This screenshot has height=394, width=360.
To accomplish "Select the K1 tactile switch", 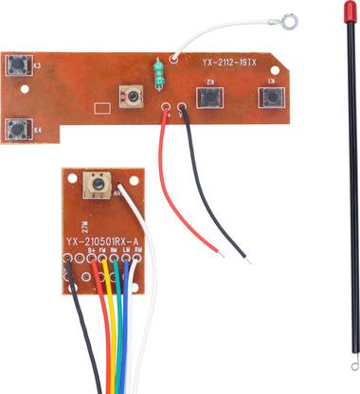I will [x=273, y=98].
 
